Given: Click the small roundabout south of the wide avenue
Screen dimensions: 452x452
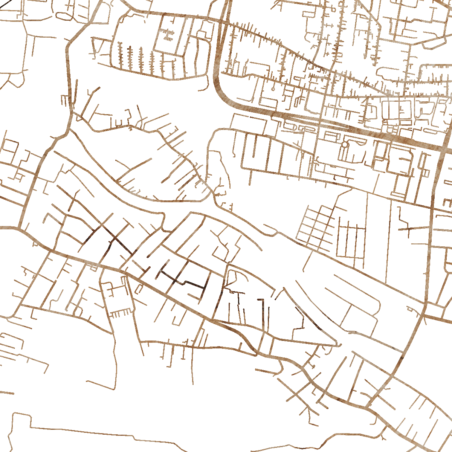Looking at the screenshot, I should tap(345, 145).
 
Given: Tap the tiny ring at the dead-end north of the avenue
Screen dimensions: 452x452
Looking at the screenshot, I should tap(272, 89).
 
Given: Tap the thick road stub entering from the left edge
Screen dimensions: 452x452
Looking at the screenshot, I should tap(8, 228).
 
